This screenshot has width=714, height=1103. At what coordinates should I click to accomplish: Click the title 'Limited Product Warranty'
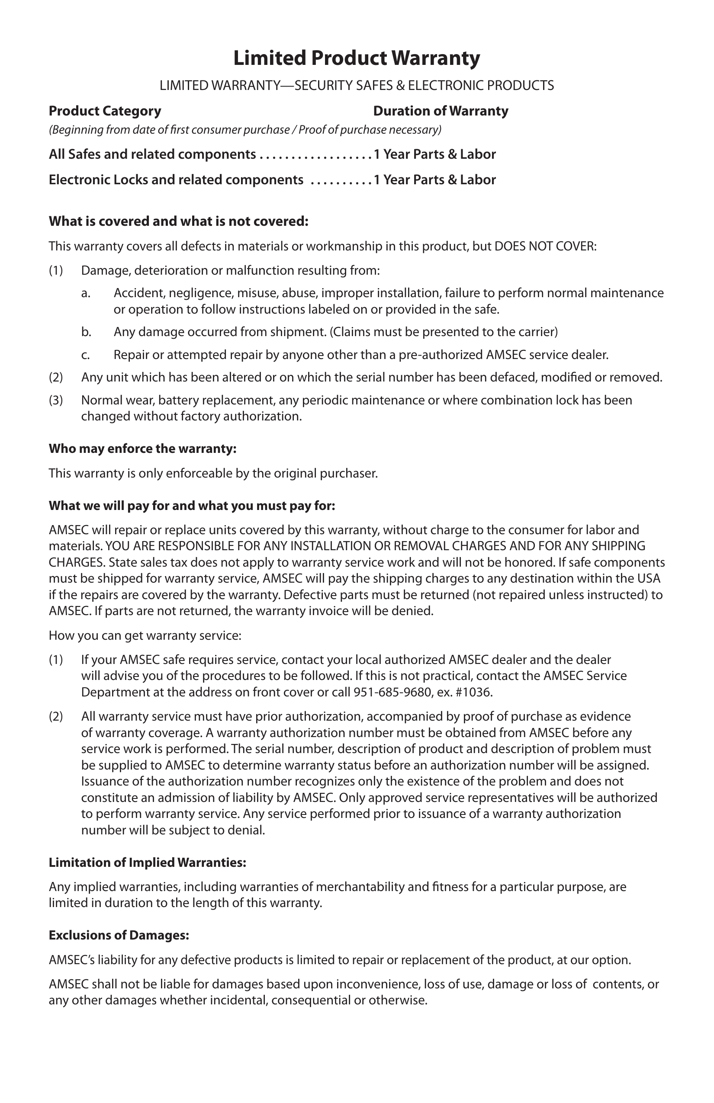point(357,58)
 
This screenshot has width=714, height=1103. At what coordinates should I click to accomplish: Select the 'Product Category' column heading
point(105,111)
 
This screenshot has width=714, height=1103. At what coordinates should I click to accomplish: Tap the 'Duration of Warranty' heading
point(441,111)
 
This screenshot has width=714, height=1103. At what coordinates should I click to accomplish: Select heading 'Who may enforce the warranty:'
point(143,449)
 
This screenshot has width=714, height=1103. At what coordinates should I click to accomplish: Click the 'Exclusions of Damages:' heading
point(119,935)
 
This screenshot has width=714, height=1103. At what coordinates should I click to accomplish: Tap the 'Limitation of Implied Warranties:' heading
point(148,863)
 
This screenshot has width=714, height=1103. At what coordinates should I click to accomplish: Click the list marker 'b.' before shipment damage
point(86,332)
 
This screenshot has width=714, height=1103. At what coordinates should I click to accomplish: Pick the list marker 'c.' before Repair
point(85,355)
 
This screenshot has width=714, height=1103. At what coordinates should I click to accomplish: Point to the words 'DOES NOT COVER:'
point(545,246)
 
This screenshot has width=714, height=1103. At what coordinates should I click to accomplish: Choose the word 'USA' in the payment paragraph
point(649,579)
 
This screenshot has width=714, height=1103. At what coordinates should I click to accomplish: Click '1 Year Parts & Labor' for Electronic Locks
point(434,180)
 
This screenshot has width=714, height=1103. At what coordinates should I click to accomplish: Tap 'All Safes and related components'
point(152,154)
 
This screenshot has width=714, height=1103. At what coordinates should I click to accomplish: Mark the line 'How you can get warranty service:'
point(145,635)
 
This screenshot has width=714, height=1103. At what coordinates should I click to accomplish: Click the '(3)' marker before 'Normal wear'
point(56,400)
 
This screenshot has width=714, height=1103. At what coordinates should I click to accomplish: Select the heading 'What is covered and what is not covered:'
point(178,221)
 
